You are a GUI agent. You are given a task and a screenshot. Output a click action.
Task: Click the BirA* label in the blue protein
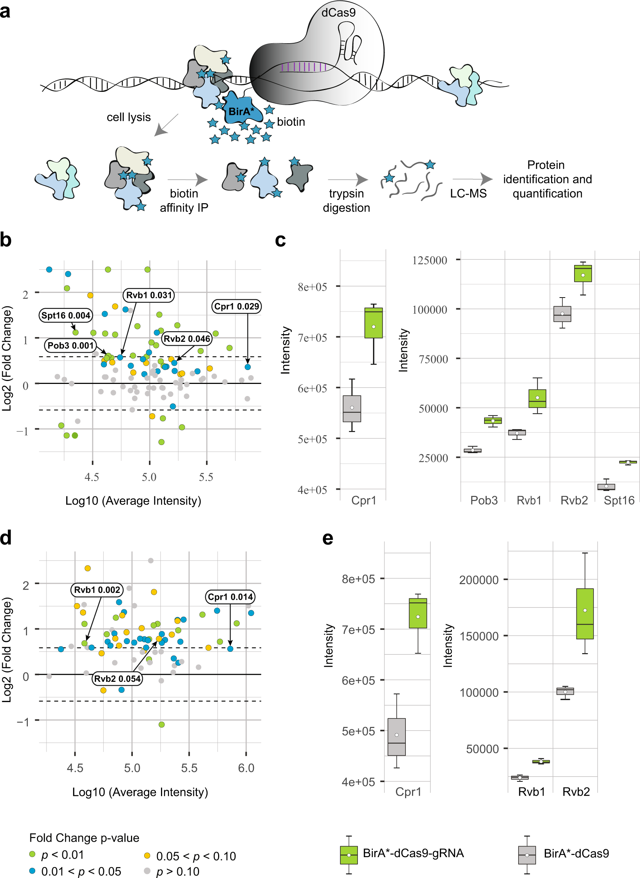click(241, 112)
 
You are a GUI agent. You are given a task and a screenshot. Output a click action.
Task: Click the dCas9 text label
click(338, 13)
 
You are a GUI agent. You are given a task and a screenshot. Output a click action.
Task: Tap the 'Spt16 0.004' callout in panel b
click(66, 315)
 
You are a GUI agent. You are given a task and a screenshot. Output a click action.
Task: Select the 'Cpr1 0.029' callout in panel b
click(236, 306)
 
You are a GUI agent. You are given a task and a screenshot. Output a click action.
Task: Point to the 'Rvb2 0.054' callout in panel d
click(117, 679)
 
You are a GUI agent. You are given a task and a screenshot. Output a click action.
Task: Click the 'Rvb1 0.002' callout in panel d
click(97, 590)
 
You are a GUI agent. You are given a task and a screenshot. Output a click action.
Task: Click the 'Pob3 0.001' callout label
click(71, 345)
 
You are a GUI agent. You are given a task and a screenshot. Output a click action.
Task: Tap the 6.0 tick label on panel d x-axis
click(246, 768)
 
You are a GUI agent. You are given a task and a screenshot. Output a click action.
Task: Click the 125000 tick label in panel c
click(429, 260)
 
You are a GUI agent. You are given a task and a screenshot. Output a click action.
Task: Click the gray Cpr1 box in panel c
click(352, 408)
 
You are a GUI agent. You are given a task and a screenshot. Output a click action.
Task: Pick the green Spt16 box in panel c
click(628, 462)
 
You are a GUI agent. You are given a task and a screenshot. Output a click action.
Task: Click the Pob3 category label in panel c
click(484, 500)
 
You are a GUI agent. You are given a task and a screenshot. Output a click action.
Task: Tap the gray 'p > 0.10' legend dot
click(147, 871)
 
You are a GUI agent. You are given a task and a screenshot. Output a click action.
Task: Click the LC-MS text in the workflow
click(468, 193)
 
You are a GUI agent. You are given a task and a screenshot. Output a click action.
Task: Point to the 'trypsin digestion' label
click(346, 200)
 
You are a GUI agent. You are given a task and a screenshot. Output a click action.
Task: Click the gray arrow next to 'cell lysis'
click(166, 125)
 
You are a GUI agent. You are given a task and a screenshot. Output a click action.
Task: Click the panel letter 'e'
click(328, 538)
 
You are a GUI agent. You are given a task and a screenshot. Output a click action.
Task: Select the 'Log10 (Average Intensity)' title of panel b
click(133, 501)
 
